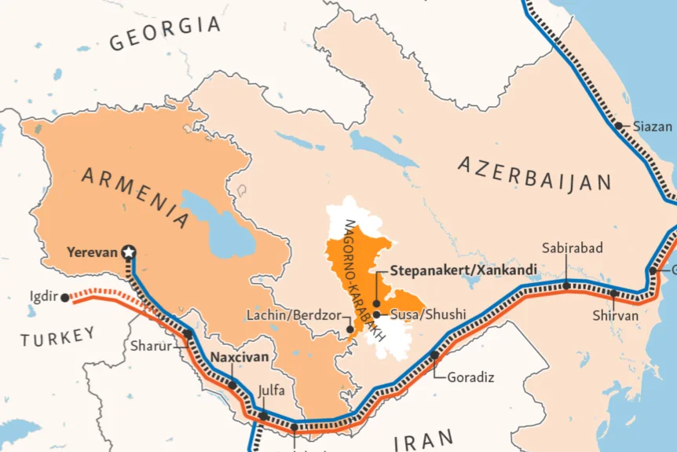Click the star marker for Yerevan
pyautogui.click(x=130, y=252)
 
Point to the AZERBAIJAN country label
pyautogui.click(x=534, y=174)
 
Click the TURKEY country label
pyautogui.click(x=57, y=337)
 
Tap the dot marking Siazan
pyautogui.click(x=619, y=126)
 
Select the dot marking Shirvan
pyautogui.click(x=614, y=293)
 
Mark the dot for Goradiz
pyautogui.click(x=434, y=355)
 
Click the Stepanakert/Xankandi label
pyautogui.click(x=463, y=270)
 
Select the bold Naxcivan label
pyautogui.click(x=240, y=357)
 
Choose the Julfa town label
pyautogui.click(x=271, y=390)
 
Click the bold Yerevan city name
pyautogui.click(x=92, y=252)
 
